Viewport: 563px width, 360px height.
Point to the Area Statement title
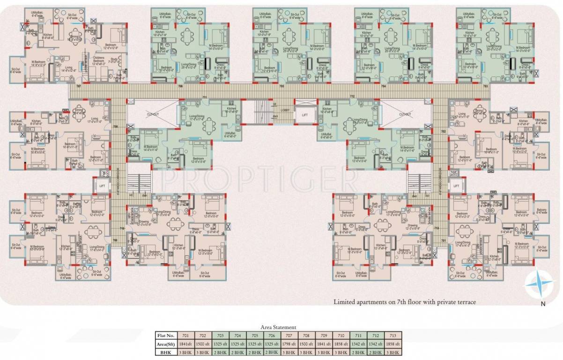(x=278, y=327)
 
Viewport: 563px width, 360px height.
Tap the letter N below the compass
(x=542, y=304)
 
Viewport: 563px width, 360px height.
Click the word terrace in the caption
(x=467, y=302)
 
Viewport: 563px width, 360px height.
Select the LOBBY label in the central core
(x=285, y=110)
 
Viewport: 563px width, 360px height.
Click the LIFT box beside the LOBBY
(x=305, y=114)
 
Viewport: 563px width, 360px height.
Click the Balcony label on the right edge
(x=541, y=211)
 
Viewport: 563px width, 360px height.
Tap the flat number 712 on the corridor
(x=352, y=97)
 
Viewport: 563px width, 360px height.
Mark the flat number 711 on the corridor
(x=204, y=97)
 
